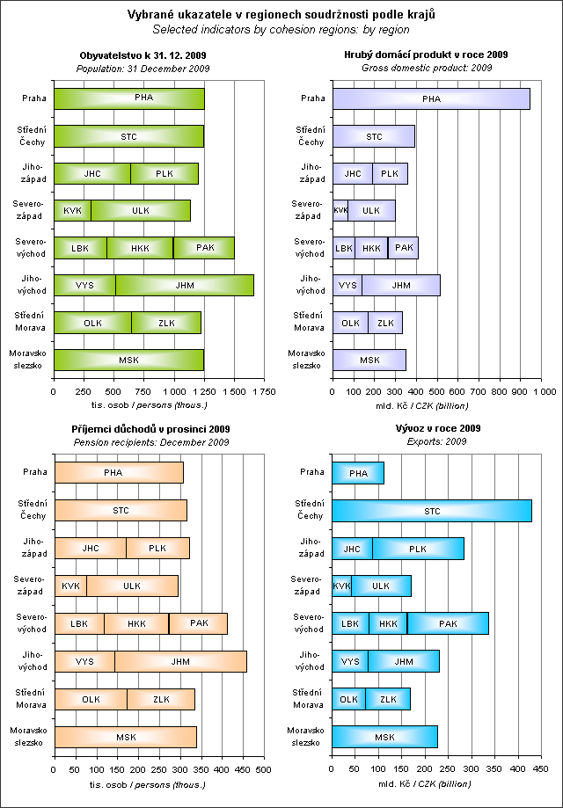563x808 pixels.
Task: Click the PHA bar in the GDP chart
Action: tap(431, 98)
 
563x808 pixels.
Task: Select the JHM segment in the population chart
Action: tap(185, 285)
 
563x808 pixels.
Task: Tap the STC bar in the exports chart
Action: tap(432, 511)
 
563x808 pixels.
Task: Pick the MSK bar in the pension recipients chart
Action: tap(126, 737)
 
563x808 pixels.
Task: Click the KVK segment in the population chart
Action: tap(72, 211)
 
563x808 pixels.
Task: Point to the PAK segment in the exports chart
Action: tap(448, 623)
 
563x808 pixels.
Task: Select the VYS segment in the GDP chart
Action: tap(347, 285)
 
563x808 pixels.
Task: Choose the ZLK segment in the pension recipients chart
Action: tap(161, 699)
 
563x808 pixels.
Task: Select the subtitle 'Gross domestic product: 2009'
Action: tap(432, 67)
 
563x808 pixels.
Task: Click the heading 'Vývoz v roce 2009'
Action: tap(432, 429)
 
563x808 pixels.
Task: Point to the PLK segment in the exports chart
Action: tap(418, 549)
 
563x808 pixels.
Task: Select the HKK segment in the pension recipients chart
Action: tap(136, 623)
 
